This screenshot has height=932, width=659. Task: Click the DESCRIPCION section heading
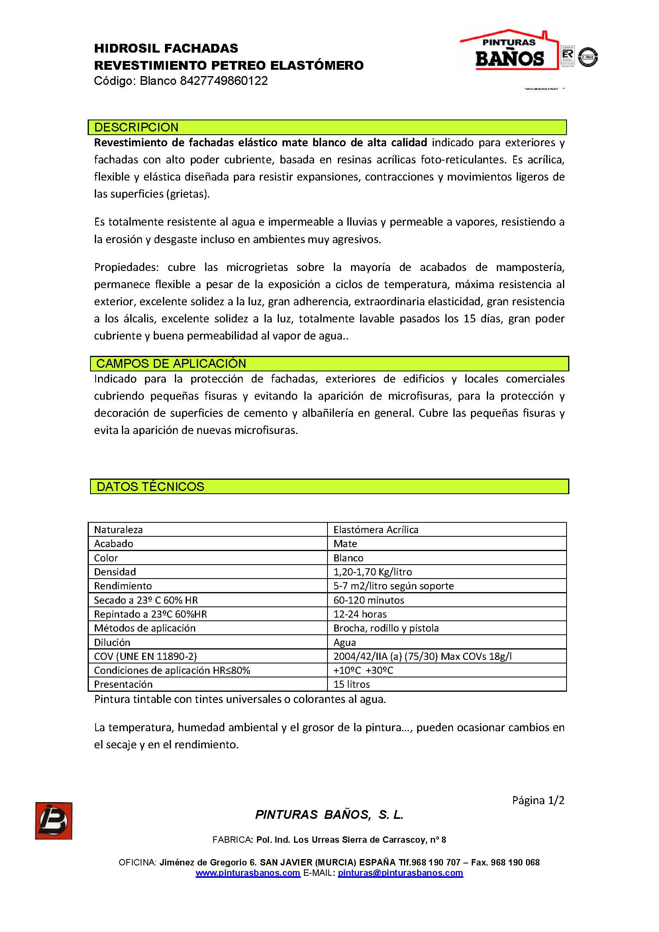click(x=136, y=128)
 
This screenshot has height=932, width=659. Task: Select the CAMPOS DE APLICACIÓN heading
click(x=171, y=364)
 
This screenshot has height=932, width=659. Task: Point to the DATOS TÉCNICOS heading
click(x=150, y=487)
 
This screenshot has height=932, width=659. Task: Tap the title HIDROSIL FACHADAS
click(x=166, y=49)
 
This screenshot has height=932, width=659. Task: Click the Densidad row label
click(x=115, y=572)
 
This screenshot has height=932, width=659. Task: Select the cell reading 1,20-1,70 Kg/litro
click(x=372, y=572)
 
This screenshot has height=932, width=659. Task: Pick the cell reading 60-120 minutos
click(x=369, y=600)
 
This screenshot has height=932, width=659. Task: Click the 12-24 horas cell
click(x=360, y=614)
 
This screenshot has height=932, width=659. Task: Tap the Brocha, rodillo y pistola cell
click(x=386, y=628)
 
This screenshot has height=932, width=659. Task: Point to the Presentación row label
click(x=123, y=685)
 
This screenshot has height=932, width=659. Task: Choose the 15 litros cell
click(x=351, y=685)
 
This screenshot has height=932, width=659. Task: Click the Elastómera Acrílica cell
click(x=375, y=530)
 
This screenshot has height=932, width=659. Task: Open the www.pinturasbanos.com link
click(x=247, y=873)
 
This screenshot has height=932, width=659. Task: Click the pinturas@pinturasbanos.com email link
click(x=400, y=873)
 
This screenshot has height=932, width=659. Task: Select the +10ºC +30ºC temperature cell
click(x=363, y=670)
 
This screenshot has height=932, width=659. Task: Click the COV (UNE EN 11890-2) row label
click(x=145, y=656)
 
